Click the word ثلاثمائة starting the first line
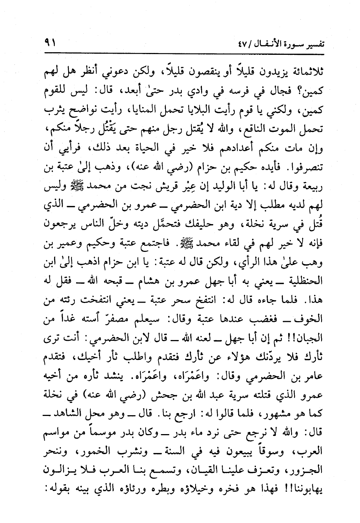306,71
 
